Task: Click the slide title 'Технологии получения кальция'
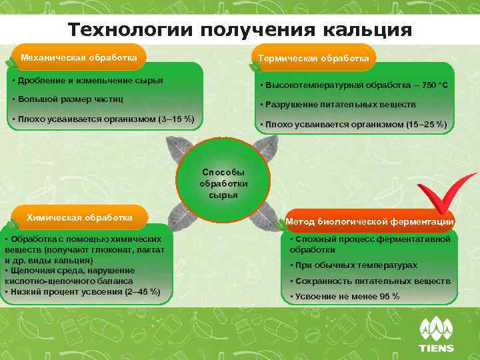click(x=240, y=30)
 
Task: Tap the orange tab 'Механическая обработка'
click(x=79, y=57)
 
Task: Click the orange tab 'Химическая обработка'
click(x=79, y=218)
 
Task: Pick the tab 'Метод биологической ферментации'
click(x=370, y=221)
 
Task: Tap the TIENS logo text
click(x=435, y=348)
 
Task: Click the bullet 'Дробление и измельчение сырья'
click(x=89, y=81)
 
